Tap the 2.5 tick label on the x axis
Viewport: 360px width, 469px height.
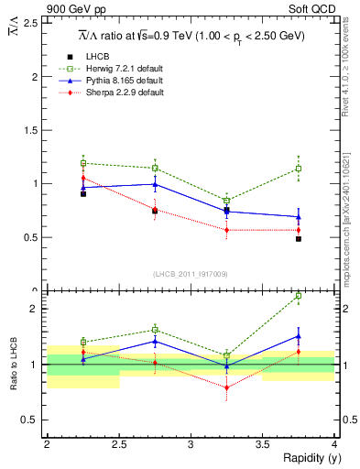[x=118, y=444]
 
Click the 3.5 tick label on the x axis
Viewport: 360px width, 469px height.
[x=262, y=444]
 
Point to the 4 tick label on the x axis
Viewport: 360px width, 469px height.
[x=334, y=444]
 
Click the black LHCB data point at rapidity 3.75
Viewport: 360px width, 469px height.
[x=299, y=238]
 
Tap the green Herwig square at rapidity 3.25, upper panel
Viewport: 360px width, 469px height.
[x=226, y=201]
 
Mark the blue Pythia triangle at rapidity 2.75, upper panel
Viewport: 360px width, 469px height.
[x=155, y=184]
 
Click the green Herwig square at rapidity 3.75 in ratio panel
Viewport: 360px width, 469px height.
[x=299, y=296]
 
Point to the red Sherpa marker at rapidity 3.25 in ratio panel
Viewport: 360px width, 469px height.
[x=226, y=387]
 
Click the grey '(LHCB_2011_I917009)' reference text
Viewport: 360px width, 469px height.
[x=190, y=274]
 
